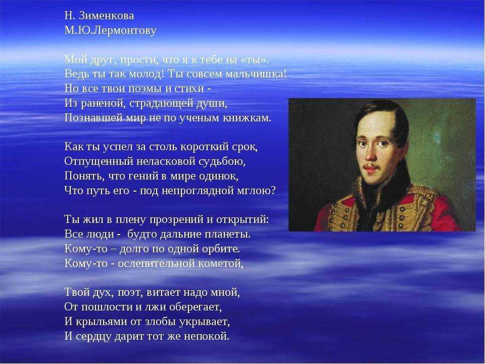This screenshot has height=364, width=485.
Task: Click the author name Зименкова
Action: point(107,16)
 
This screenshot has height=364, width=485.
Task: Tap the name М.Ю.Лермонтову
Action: point(111,30)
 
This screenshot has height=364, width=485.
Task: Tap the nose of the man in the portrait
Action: point(370,155)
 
